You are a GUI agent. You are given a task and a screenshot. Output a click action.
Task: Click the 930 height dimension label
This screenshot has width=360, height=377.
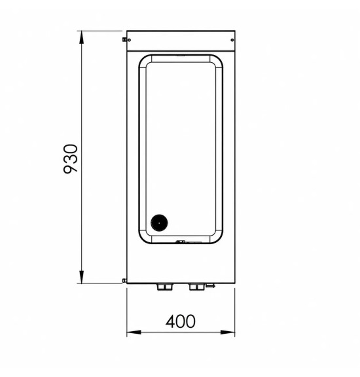[x=71, y=159]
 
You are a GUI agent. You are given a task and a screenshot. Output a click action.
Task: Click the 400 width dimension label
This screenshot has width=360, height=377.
[x=181, y=321]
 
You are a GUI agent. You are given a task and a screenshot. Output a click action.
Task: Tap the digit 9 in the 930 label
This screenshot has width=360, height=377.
[x=71, y=169]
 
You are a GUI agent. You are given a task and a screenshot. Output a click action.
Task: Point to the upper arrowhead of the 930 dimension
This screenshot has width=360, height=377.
[x=82, y=37]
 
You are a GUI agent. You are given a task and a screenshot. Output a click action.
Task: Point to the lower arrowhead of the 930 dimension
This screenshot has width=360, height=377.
[x=82, y=277]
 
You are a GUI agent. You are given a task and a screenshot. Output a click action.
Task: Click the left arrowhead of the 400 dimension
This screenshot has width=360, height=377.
[x=134, y=332]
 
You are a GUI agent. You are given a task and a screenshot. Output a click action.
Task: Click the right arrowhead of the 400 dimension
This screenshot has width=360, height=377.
[x=228, y=332]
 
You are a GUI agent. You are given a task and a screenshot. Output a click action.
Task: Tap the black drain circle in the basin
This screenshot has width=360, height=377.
[x=159, y=223]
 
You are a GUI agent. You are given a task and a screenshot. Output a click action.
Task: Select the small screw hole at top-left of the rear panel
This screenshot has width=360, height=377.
[x=129, y=40]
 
